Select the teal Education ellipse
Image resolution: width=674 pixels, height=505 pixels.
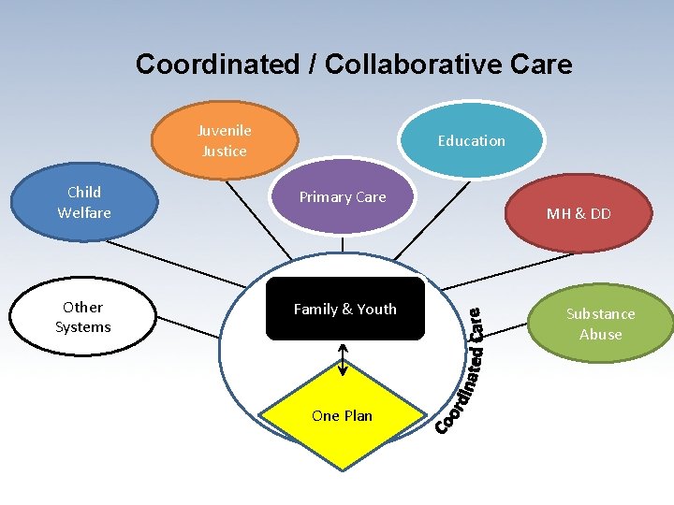coord(472,140)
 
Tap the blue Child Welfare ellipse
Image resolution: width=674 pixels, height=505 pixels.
coord(83,203)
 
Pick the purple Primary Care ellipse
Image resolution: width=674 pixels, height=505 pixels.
coord(343,197)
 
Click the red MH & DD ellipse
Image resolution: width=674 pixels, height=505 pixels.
coord(579,213)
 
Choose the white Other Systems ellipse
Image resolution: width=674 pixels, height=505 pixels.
coord(83,317)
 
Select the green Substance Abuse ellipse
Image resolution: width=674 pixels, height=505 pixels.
coord(600,325)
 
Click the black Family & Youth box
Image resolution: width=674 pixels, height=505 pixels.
coord(345,309)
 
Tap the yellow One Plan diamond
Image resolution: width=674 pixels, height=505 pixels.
coord(343,415)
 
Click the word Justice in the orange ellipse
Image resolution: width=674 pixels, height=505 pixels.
coord(225,151)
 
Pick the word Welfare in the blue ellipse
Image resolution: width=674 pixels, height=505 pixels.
coord(84,213)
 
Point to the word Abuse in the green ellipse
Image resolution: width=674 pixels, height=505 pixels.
coord(600,335)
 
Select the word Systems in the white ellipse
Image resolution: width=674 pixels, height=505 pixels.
coord(83,327)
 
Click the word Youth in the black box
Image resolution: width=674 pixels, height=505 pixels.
coord(375,309)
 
